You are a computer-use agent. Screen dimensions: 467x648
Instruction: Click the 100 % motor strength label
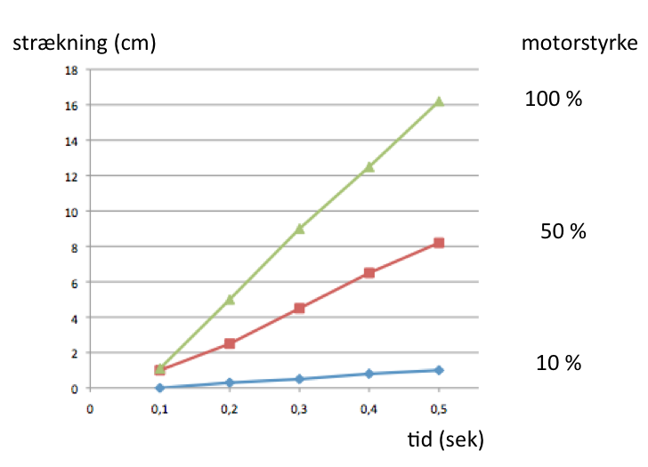point(554,100)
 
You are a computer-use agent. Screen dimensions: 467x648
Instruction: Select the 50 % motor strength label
point(563,232)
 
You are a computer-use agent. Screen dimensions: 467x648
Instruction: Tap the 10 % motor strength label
point(558,363)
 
